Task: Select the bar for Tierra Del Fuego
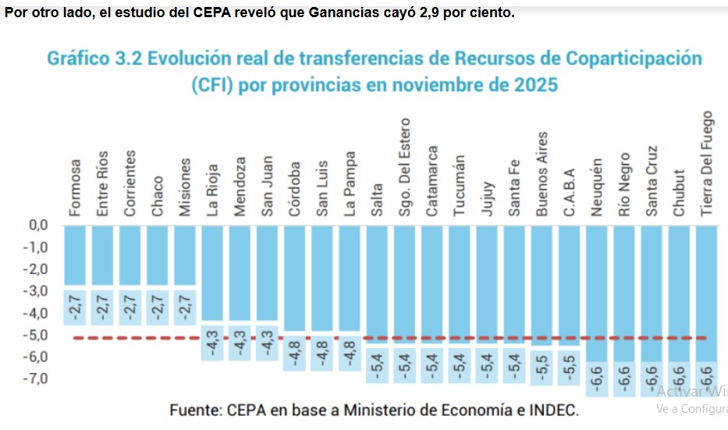[707, 293]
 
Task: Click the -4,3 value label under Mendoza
[240, 343]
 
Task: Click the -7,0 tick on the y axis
[34, 378]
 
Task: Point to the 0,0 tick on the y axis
[36, 226]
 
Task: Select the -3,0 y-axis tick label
[34, 291]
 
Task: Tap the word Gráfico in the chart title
[80, 59]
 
